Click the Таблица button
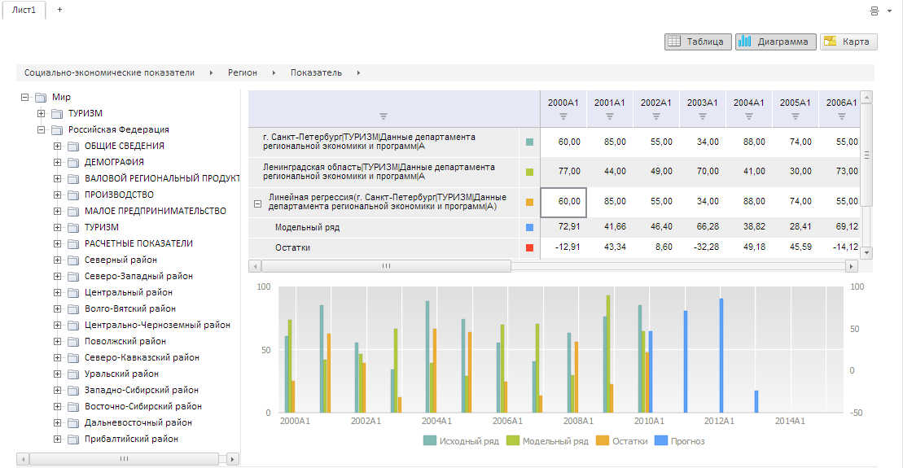[694, 42]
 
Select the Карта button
[848, 42]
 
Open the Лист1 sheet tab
[24, 10]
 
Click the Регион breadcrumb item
[243, 72]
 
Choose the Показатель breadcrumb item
[316, 72]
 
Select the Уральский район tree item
[121, 374]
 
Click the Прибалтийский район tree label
[131, 439]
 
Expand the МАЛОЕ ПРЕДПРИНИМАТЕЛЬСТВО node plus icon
[58, 211]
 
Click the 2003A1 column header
[702, 103]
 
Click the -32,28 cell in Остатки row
[703, 247]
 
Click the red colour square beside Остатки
[529, 247]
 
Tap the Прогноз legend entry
[680, 441]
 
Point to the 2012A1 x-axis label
[719, 421]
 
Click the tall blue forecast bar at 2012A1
[721, 356]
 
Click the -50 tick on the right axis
[856, 413]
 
